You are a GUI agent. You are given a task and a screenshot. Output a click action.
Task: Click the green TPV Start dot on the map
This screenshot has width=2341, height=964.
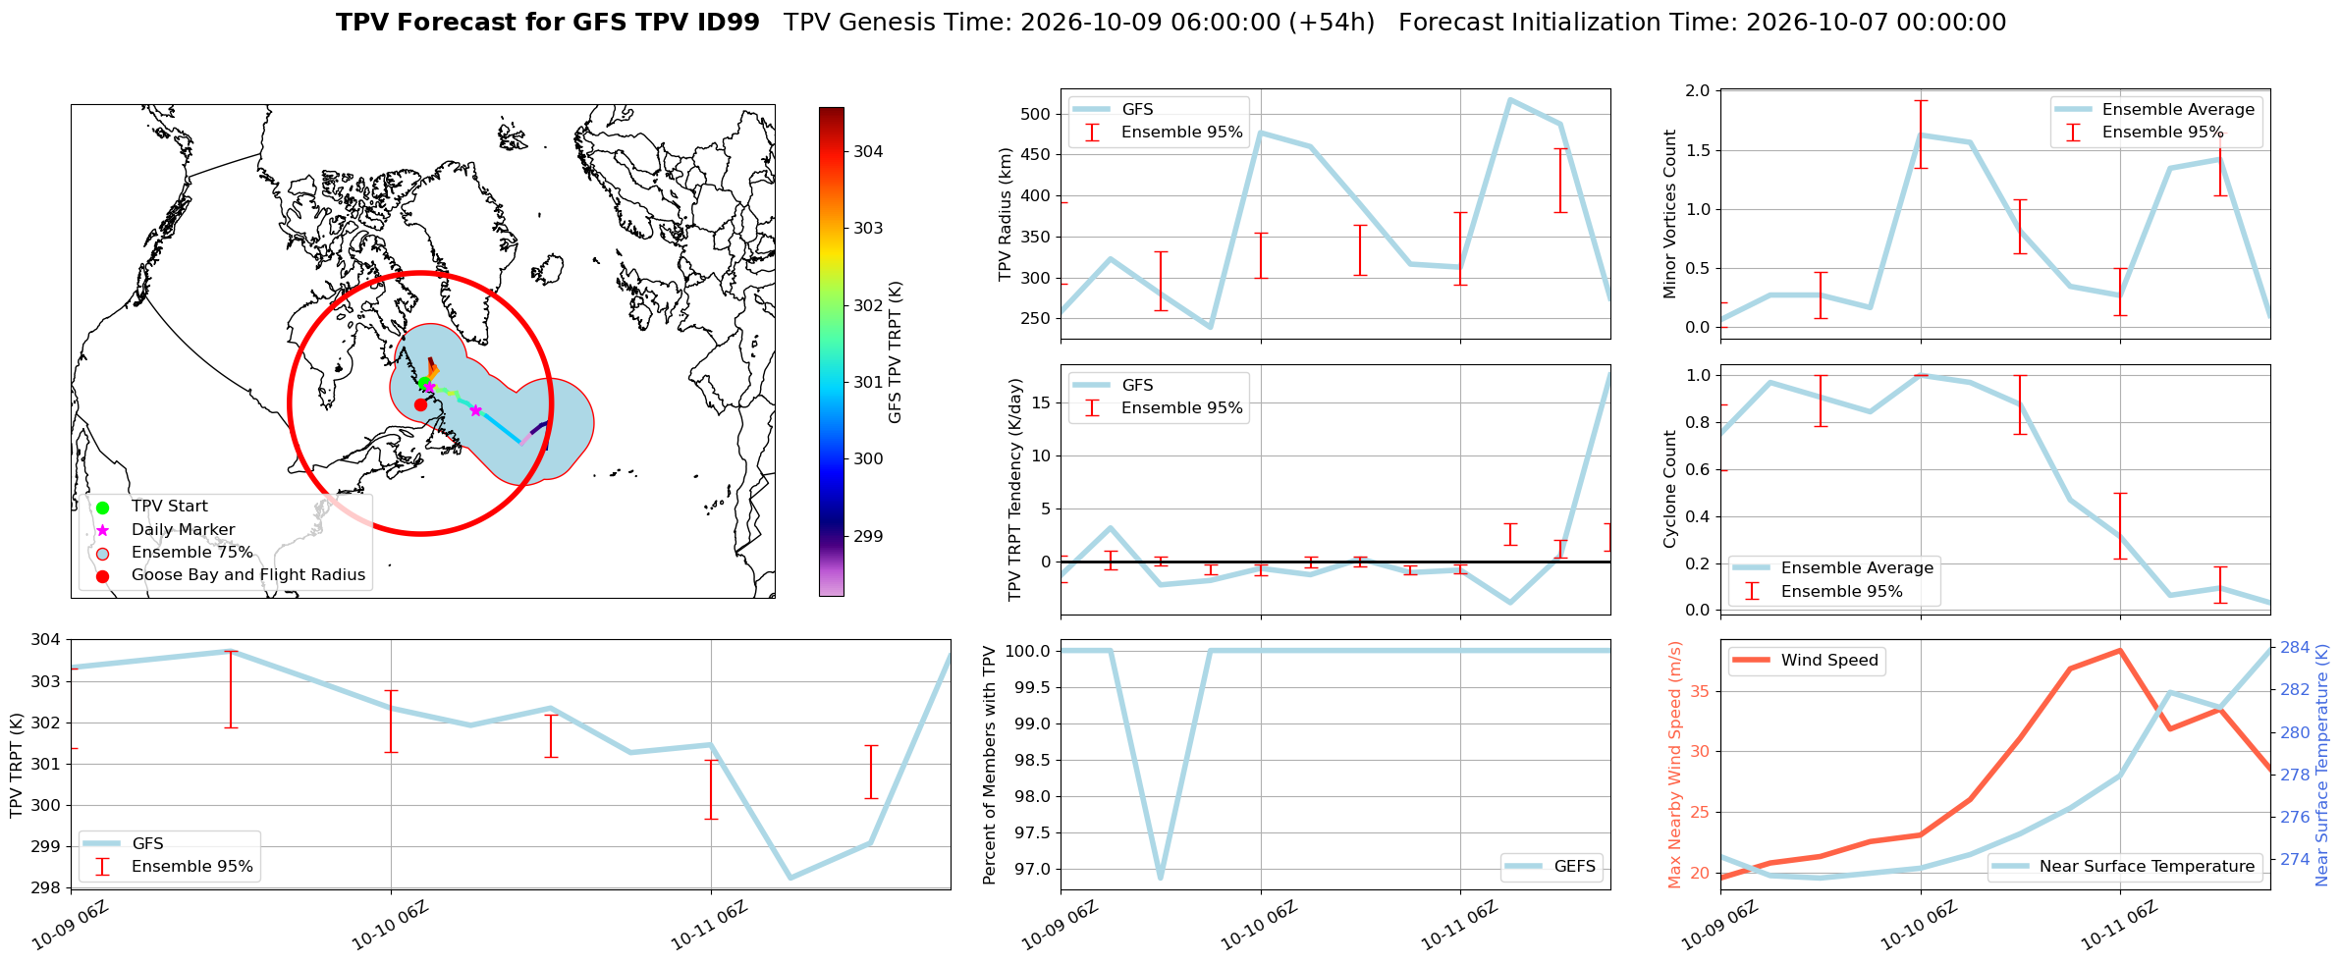point(424,382)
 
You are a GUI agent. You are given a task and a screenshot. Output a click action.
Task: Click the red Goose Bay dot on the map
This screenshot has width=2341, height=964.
point(420,404)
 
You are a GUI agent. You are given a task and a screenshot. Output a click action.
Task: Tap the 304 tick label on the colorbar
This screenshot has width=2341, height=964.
point(868,151)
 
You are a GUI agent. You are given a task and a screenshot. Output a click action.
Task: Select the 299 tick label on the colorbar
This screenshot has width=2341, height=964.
point(868,536)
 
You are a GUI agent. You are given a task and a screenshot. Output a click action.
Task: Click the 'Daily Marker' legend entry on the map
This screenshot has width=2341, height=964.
point(183,529)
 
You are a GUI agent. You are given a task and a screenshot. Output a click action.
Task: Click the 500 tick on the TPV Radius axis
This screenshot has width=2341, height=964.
point(1038,114)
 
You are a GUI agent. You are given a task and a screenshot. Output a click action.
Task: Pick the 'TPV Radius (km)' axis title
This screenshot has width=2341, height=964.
point(1005,214)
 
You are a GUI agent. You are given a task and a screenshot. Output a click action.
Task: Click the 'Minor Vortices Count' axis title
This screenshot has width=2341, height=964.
point(1670,214)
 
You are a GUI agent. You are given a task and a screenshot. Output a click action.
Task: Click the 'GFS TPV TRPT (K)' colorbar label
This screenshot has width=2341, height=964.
point(895,352)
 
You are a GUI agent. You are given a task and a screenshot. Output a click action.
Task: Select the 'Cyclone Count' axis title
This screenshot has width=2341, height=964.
point(1670,489)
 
